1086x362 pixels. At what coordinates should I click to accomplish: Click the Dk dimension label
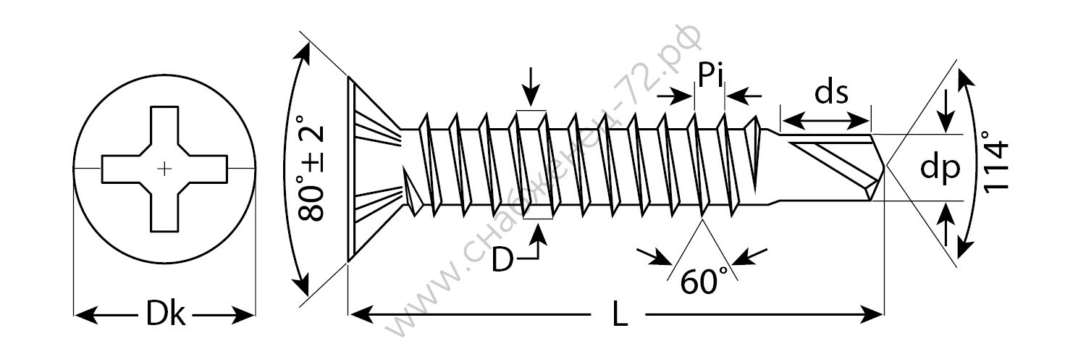165,314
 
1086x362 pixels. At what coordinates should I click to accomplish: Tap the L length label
619,314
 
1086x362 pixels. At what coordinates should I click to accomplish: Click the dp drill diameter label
940,169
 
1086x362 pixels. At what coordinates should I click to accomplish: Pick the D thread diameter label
502,260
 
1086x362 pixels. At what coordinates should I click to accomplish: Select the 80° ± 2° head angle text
311,168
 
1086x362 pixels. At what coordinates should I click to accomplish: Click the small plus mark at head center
165,169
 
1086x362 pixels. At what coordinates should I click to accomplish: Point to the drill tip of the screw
885,167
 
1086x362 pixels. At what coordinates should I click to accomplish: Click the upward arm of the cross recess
165,126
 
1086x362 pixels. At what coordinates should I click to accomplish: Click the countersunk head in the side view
374,168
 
